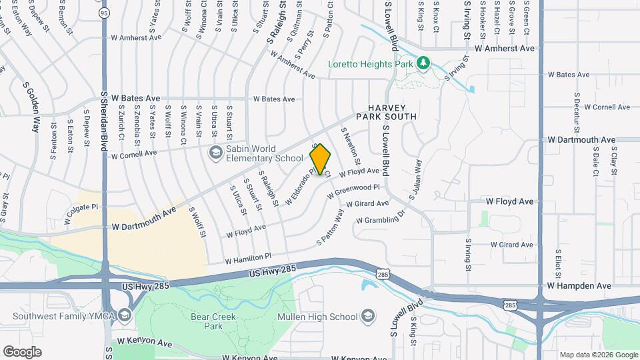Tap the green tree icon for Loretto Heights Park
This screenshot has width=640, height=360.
(422, 63)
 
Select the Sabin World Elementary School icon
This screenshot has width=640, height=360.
(215, 153)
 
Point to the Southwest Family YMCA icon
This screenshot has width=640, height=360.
(123, 315)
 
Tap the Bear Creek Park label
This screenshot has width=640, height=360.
(204, 322)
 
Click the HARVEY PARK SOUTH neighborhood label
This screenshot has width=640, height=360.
(392, 112)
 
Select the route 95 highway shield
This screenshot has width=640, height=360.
(103, 13)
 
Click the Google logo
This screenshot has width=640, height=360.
(22, 351)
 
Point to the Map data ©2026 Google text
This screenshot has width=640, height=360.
(598, 355)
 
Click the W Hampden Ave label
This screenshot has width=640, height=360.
(579, 286)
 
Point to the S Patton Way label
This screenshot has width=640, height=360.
(331, 227)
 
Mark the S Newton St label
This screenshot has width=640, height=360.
(351, 148)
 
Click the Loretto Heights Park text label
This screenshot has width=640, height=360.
(370, 64)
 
